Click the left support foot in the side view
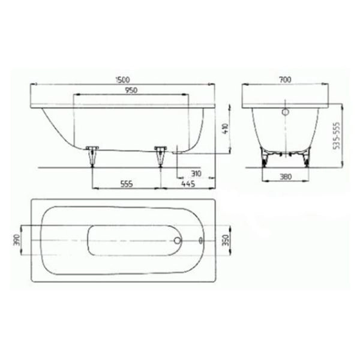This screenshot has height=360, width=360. [x=92, y=155]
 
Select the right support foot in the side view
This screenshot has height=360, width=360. [x=160, y=155]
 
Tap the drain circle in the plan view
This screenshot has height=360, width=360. [x=177, y=241]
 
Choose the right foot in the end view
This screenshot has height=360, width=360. [x=307, y=157]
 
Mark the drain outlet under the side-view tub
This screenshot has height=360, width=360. [x=178, y=152]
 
